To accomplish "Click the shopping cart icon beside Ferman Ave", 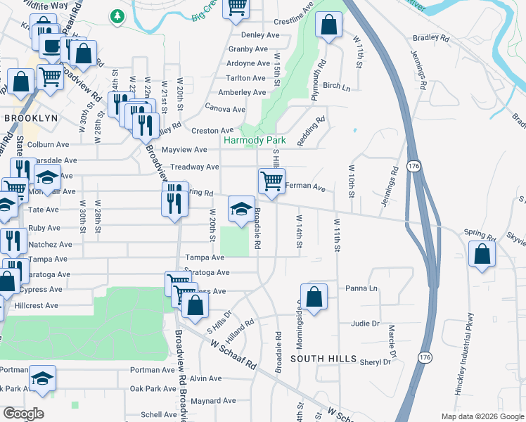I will [x=271, y=181].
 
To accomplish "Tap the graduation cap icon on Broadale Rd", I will [x=241, y=209].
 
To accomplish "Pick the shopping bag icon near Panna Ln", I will [x=314, y=297].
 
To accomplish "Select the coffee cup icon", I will [x=51, y=46].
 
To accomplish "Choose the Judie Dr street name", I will [x=365, y=324].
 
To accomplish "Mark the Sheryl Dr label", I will [x=375, y=362].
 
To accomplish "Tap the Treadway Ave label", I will [x=195, y=167].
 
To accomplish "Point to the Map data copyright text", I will [x=482, y=416].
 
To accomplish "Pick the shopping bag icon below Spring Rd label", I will [x=482, y=255].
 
